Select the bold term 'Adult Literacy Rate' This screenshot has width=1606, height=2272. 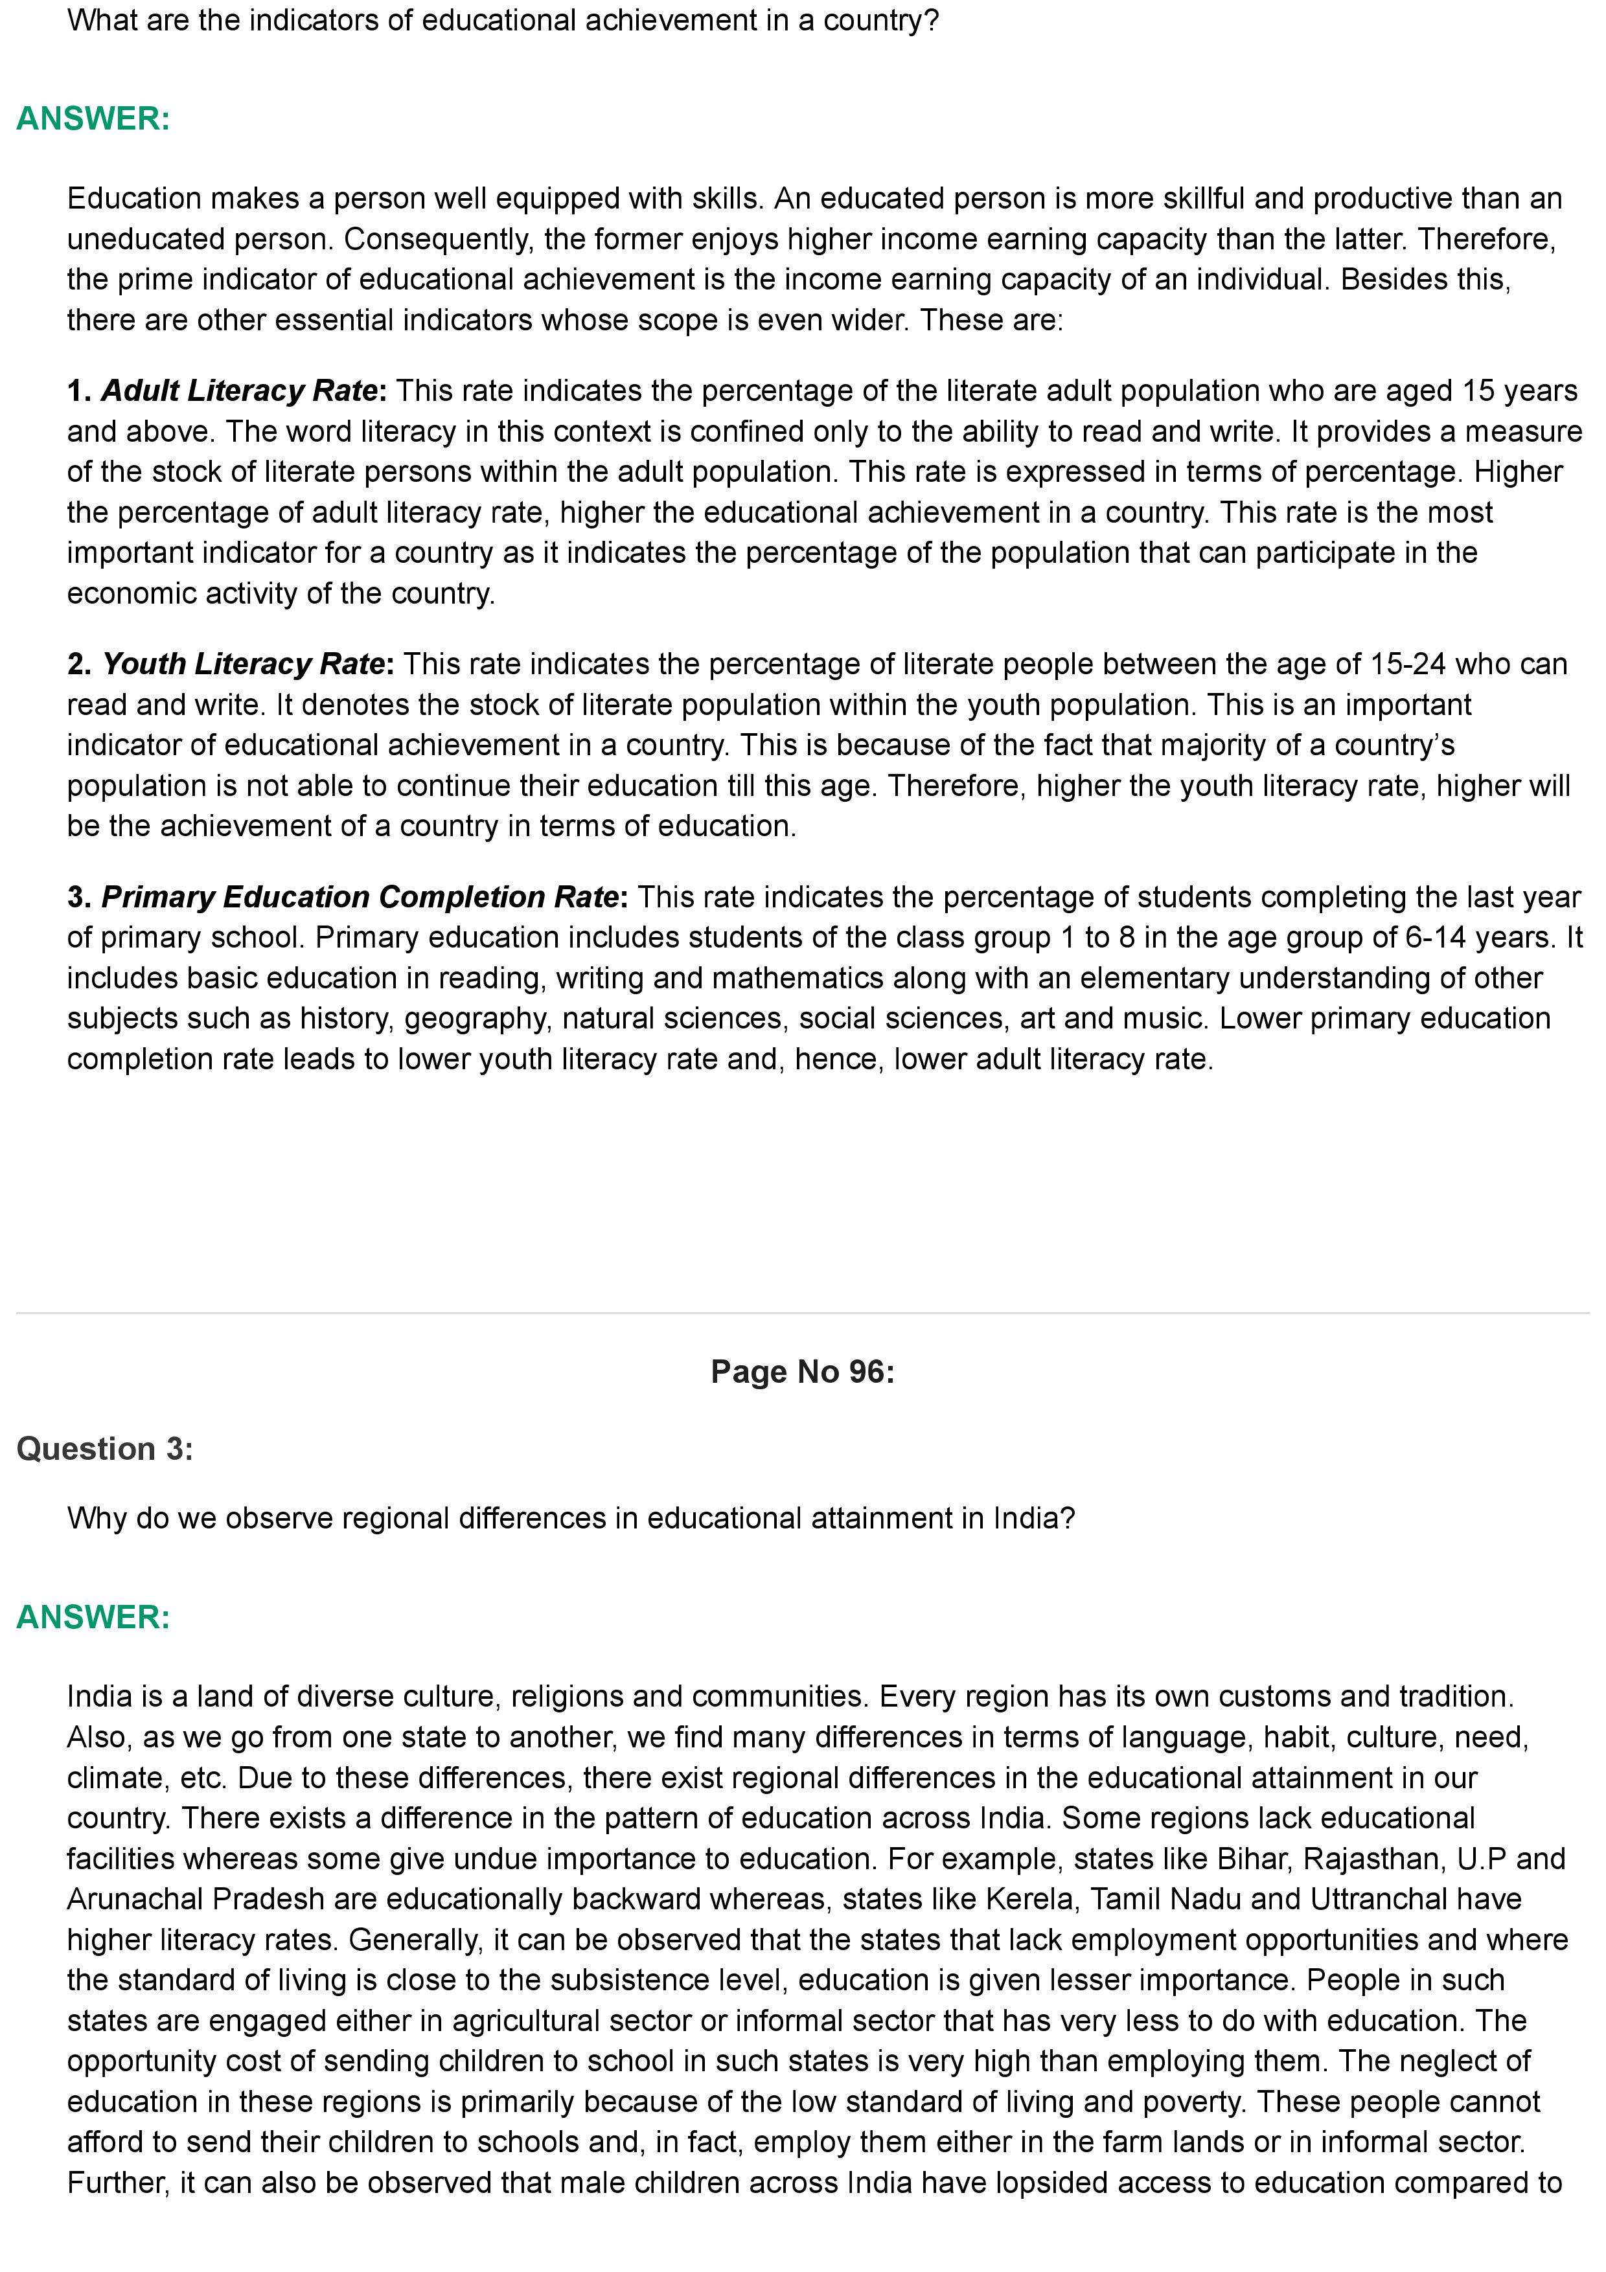(240, 391)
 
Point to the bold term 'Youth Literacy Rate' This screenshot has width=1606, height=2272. (244, 664)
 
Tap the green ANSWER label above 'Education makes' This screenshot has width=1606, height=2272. (93, 119)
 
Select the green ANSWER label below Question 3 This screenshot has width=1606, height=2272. (93, 1617)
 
